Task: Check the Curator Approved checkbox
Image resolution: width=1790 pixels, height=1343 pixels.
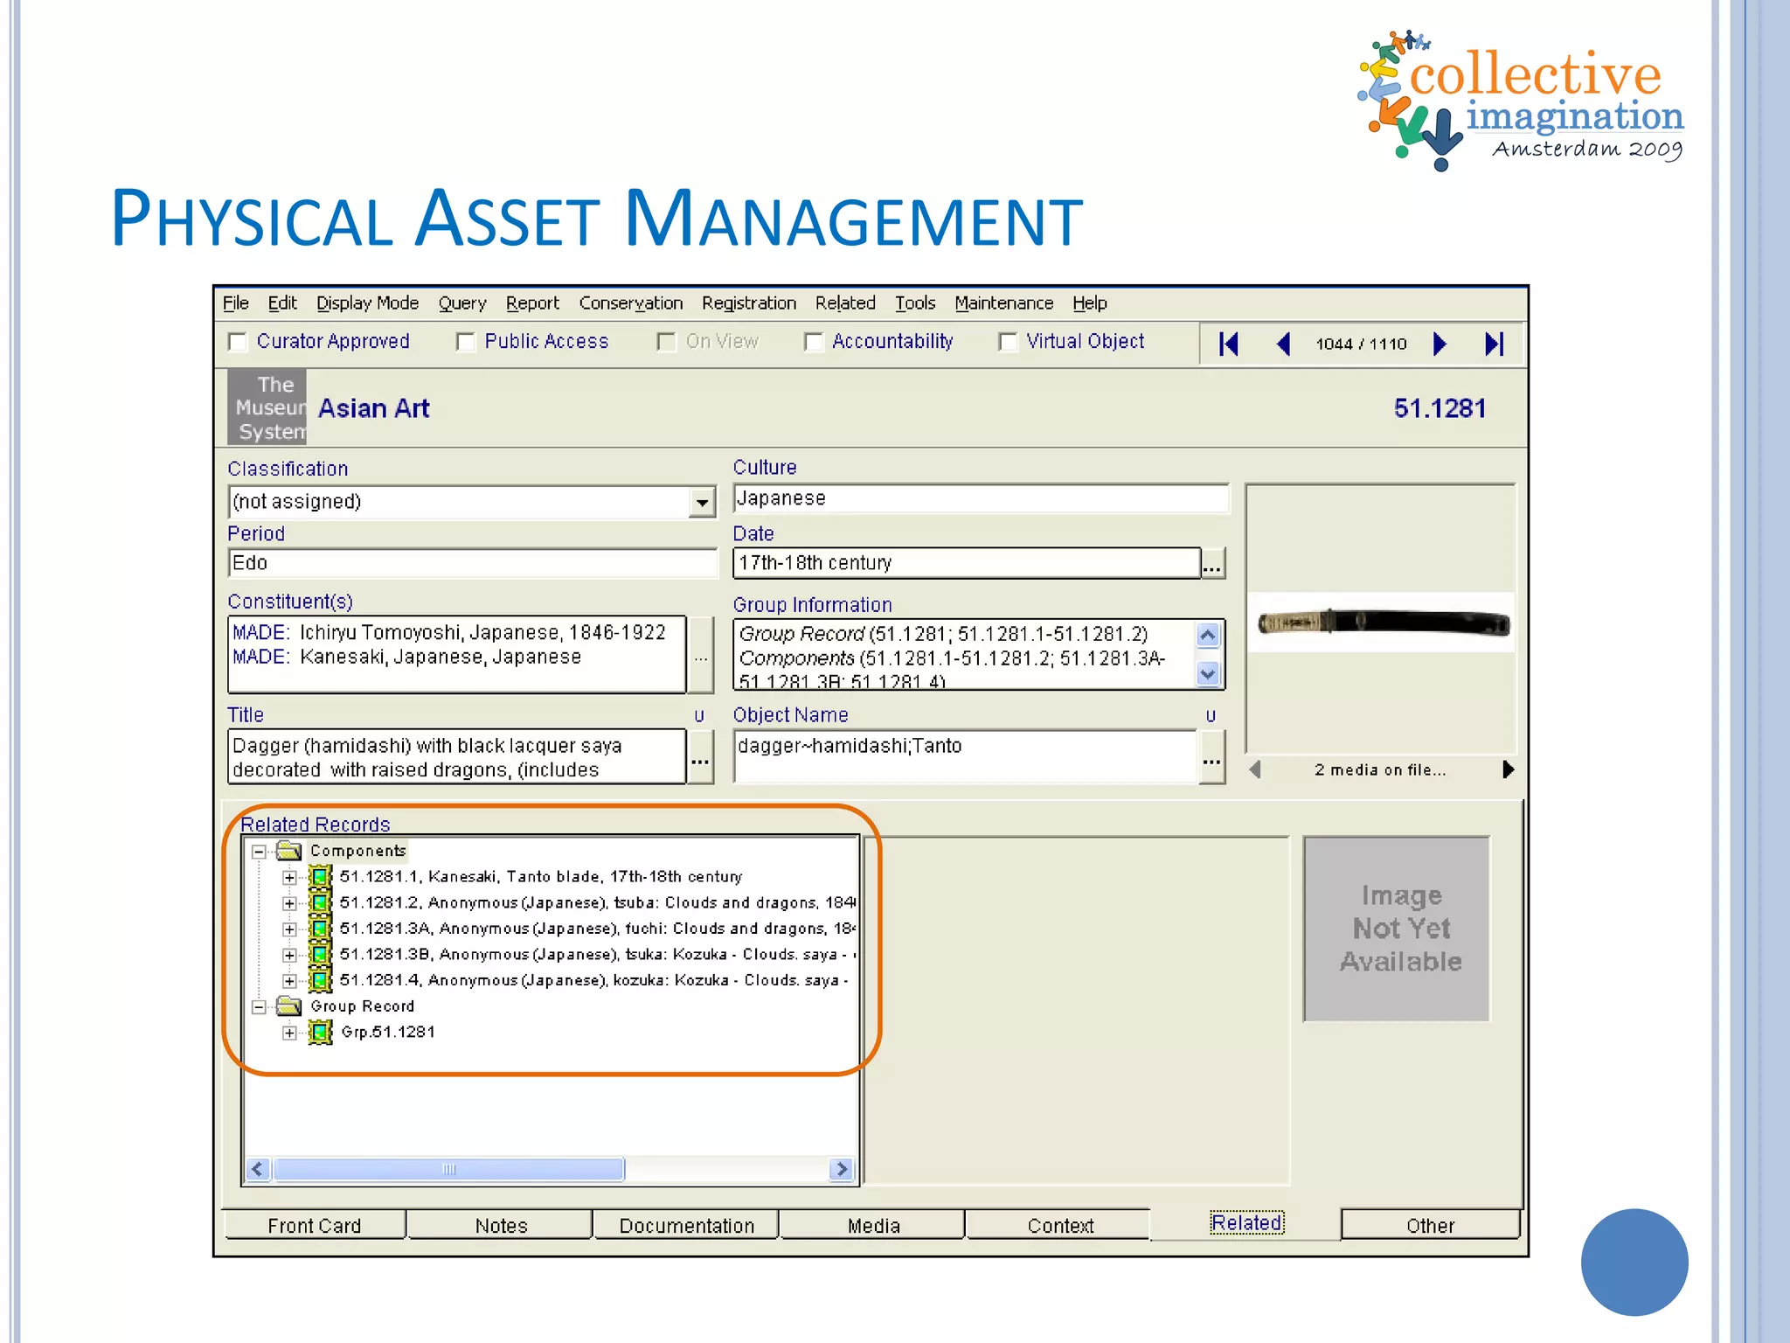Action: click(237, 342)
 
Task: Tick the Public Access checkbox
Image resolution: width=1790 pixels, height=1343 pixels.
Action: click(465, 342)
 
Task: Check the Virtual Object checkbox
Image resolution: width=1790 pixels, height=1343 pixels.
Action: click(1008, 342)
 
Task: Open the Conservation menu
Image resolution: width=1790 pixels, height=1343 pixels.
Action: click(630, 303)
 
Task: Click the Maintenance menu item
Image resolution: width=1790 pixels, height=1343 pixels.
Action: click(1003, 303)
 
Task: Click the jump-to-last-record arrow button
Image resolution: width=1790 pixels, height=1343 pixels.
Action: click(1494, 344)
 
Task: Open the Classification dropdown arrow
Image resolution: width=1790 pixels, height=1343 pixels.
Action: click(701, 502)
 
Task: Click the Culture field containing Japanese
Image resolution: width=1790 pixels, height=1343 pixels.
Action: click(979, 498)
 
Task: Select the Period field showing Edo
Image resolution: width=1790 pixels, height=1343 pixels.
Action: click(472, 563)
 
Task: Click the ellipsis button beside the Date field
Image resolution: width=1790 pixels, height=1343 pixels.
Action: click(1211, 565)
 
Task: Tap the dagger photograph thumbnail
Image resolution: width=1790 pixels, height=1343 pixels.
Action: click(1382, 623)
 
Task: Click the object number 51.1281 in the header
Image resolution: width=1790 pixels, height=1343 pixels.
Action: click(1439, 408)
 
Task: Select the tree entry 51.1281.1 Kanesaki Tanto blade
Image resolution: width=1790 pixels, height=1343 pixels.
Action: click(540, 876)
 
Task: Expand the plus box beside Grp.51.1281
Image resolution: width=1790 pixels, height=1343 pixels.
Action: click(289, 1033)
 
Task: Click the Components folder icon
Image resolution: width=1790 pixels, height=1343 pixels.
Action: click(289, 851)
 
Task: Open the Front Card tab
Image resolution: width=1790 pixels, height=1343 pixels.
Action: click(314, 1226)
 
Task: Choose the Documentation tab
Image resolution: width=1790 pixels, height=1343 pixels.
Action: click(686, 1226)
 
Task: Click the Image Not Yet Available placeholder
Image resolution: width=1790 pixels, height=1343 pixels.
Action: click(1399, 929)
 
